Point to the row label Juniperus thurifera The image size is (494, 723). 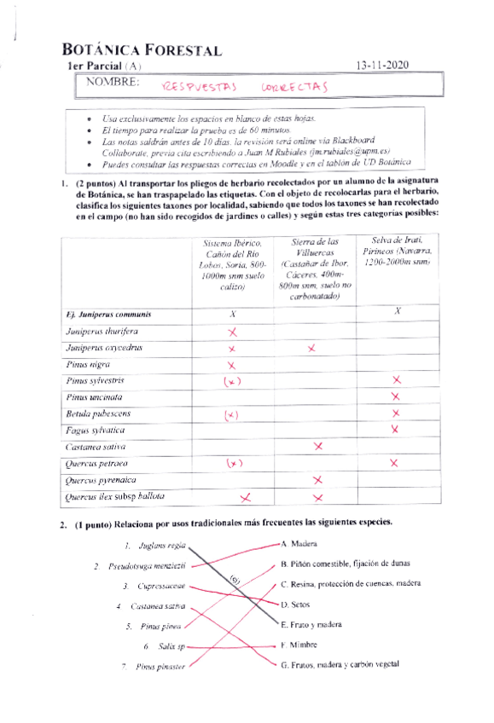point(102,331)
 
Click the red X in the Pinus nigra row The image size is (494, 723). point(231,365)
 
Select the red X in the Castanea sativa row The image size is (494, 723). point(318,446)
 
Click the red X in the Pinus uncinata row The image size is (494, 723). point(395,396)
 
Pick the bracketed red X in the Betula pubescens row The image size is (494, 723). point(231,414)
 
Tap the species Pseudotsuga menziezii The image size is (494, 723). point(147,565)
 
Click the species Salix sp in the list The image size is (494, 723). point(171,646)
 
